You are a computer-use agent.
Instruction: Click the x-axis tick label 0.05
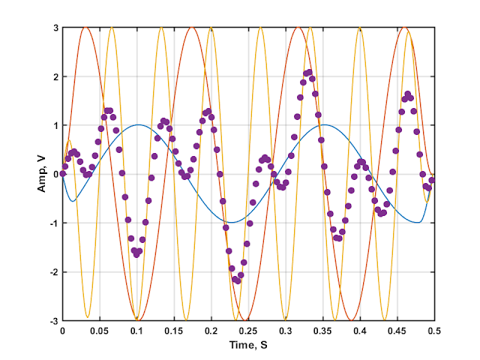click(100, 330)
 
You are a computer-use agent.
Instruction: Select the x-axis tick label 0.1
click(136, 330)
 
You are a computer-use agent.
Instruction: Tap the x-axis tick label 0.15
click(174, 330)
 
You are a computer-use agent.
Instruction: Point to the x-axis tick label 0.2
click(211, 330)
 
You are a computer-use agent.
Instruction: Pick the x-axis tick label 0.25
click(248, 330)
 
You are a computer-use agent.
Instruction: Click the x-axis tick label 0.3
click(286, 330)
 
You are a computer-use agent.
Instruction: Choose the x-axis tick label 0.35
click(322, 330)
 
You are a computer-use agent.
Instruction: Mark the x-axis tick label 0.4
click(360, 330)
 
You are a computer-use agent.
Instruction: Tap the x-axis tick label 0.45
click(397, 330)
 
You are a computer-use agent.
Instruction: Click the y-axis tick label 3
click(55, 28)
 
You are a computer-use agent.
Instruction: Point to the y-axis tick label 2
click(55, 76)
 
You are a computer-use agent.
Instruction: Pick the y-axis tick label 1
click(55, 125)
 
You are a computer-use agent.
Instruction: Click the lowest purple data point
click(237, 281)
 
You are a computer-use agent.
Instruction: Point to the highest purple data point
click(307, 71)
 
